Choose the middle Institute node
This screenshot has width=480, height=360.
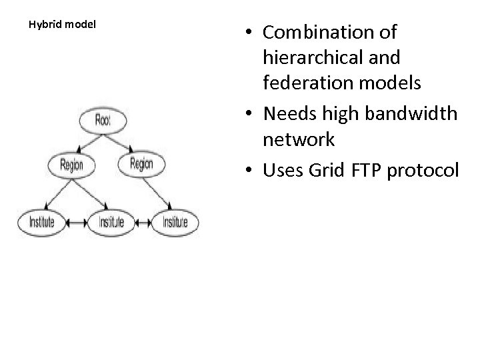pyautogui.click(x=111, y=221)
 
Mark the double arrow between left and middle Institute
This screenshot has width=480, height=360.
pyautogui.click(x=75, y=221)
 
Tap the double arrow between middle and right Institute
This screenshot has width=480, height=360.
pyautogui.click(x=143, y=221)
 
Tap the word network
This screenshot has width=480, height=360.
pyautogui.click(x=299, y=139)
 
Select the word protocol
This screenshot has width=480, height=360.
pyautogui.click(x=426, y=171)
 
